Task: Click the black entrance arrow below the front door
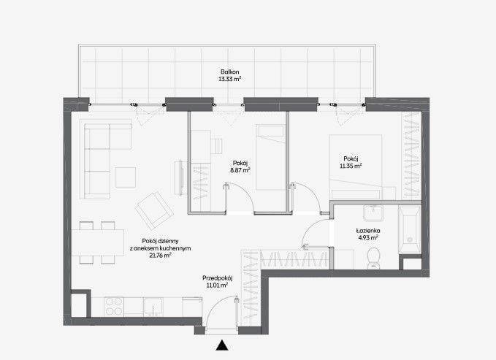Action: coord(222,345)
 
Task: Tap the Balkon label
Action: coord(230,72)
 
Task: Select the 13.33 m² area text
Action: coord(230,79)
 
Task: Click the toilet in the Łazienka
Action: coord(374,258)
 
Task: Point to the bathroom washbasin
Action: coord(373,213)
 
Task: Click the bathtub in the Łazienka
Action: coord(410,230)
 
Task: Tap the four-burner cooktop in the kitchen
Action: coord(114,307)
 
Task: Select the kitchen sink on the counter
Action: coord(153,307)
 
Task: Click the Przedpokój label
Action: coord(218,278)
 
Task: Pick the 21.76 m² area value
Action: coord(161,256)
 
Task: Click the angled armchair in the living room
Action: coord(154,211)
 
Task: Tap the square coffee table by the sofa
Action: coord(126,177)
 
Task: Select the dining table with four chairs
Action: coord(98,242)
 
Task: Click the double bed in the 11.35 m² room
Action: coord(356,167)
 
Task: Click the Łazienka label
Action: coord(367,231)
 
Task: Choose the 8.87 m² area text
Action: coord(240,171)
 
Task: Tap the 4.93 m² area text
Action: coord(368,238)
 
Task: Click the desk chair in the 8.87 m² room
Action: coord(217,146)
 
